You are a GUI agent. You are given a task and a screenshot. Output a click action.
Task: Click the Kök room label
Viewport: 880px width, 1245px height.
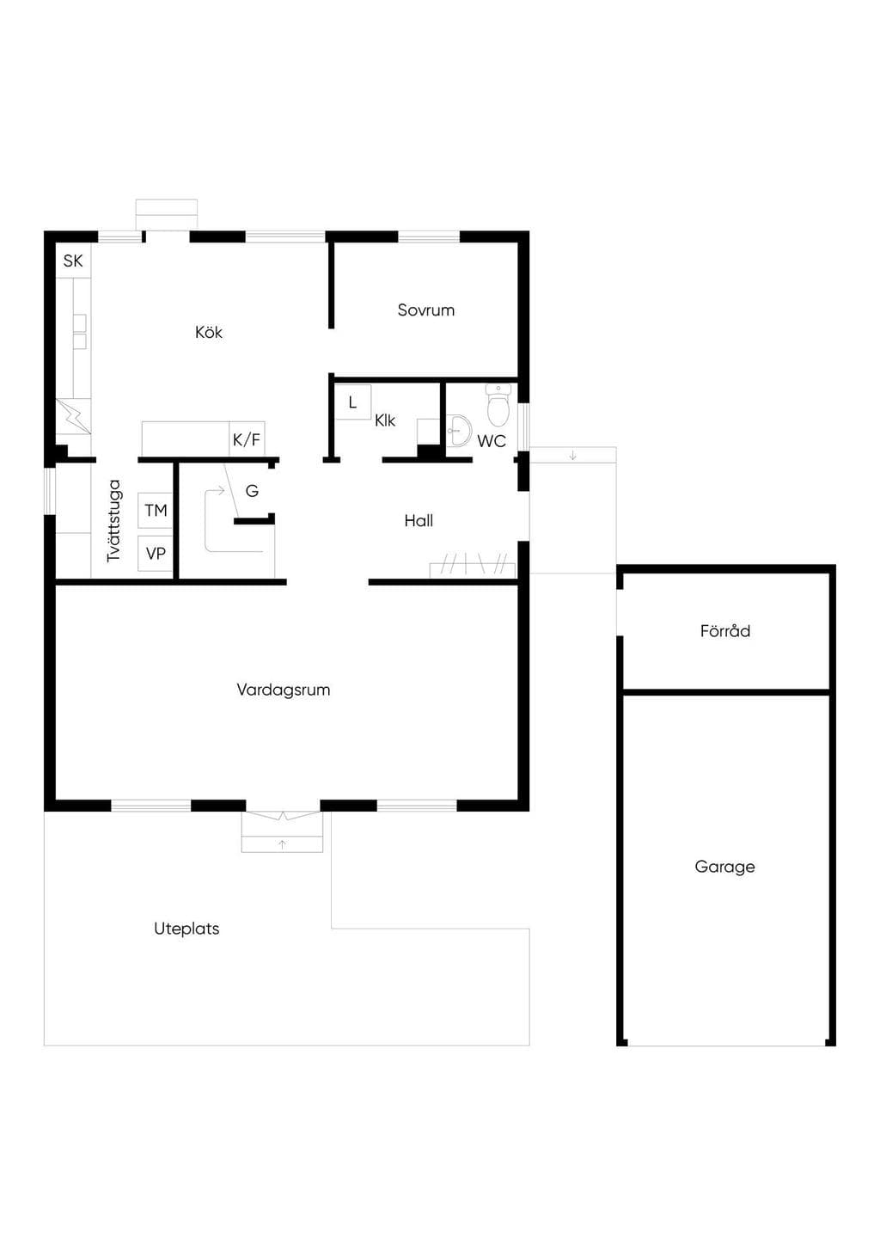click(208, 332)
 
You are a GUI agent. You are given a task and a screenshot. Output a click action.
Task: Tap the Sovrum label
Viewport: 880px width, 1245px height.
click(426, 310)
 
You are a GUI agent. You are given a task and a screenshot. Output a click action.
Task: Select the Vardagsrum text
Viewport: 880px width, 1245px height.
click(284, 690)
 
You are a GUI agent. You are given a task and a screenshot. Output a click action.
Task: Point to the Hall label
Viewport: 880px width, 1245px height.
click(419, 521)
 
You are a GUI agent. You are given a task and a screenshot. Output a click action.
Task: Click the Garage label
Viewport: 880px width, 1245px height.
click(724, 867)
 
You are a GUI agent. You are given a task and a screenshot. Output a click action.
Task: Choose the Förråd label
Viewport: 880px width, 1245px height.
click(725, 630)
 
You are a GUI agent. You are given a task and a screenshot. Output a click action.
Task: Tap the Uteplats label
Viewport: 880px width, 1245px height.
click(186, 929)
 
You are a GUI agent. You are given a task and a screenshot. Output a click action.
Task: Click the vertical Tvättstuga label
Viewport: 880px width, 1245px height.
click(114, 521)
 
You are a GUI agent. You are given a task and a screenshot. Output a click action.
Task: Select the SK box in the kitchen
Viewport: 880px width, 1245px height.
click(73, 261)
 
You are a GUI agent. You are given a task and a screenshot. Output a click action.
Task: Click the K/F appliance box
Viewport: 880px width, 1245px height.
click(247, 439)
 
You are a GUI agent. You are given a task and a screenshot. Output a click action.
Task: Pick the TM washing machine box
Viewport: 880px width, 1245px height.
click(156, 510)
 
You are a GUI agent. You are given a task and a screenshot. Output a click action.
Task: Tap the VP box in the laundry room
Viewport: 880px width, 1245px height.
click(156, 554)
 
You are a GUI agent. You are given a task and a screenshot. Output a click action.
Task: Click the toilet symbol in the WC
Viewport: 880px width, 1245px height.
click(498, 404)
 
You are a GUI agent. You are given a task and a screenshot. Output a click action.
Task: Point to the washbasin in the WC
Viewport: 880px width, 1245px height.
click(459, 430)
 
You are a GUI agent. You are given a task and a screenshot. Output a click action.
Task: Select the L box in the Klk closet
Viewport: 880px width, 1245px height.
click(353, 402)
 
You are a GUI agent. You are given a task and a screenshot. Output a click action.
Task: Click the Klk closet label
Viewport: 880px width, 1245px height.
click(385, 420)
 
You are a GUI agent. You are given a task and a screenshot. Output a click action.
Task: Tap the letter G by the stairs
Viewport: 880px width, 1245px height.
click(252, 491)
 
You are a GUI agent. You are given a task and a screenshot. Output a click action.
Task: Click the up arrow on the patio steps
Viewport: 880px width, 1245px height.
click(282, 845)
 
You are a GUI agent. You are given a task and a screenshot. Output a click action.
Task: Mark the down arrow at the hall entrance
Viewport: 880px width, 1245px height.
click(573, 456)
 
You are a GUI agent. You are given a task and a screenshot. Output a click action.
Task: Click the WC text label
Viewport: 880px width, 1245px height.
click(492, 441)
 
